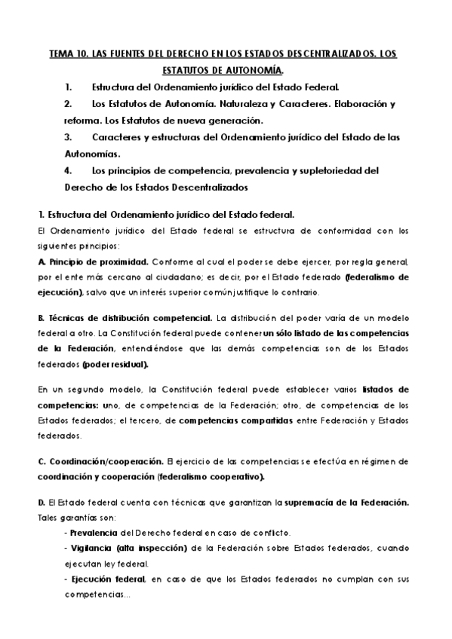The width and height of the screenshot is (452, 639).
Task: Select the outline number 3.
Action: (x=68, y=138)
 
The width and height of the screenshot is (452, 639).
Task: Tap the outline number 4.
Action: (x=68, y=171)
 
